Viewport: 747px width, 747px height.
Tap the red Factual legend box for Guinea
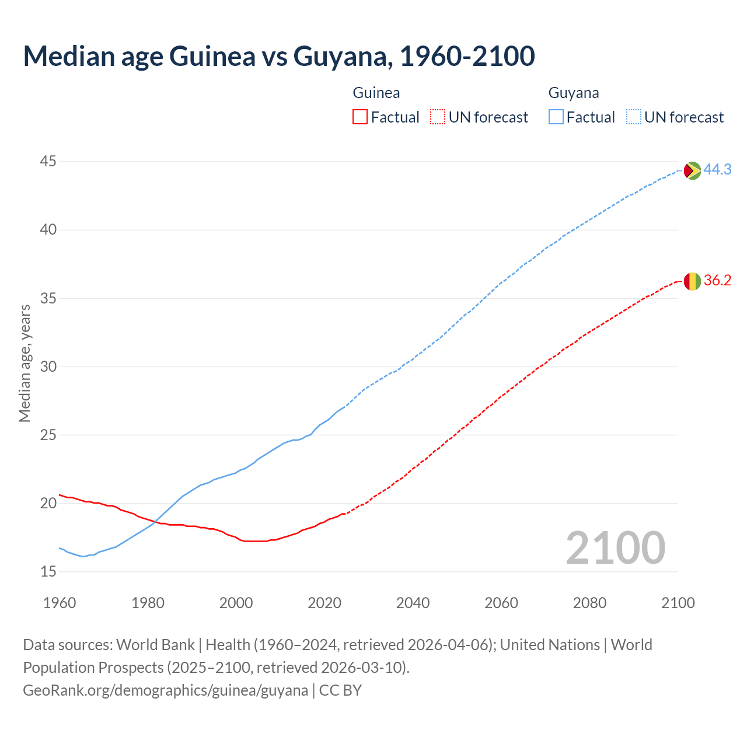pos(360,117)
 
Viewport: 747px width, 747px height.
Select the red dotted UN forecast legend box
pos(438,117)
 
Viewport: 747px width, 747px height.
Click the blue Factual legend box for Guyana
pos(556,117)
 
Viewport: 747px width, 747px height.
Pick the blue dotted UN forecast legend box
pos(634,117)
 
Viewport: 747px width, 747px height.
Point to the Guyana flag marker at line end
pos(692,170)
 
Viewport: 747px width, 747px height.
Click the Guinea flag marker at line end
pos(692,281)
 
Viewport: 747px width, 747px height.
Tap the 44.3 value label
pos(717,170)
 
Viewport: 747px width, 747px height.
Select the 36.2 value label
pos(717,281)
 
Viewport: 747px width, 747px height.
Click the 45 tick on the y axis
pos(48,161)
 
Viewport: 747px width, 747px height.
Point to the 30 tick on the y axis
pos(48,366)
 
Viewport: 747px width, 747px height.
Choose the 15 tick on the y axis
pos(48,571)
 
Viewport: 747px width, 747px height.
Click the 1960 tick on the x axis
pos(60,603)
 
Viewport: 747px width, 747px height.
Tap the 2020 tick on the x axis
pos(324,603)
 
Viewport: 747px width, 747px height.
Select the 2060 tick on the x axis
pos(501,603)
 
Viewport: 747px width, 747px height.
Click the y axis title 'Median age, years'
pos(25,363)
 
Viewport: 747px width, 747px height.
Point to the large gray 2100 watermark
pos(616,547)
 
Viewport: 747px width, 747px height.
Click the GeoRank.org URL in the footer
pos(165,690)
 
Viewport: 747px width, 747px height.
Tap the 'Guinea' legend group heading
pos(376,93)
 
